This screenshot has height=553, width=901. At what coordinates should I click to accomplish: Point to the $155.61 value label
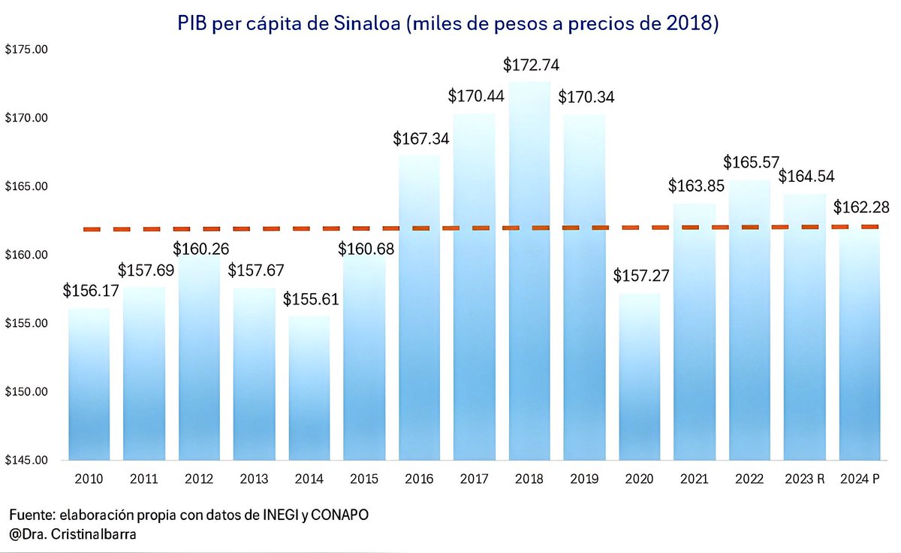(311, 299)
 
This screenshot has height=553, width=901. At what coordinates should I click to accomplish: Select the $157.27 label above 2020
(640, 276)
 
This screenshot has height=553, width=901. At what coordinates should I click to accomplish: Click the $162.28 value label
(860, 206)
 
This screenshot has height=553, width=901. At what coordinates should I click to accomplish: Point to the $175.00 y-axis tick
(26, 50)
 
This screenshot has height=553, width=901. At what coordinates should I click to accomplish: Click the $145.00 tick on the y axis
(26, 460)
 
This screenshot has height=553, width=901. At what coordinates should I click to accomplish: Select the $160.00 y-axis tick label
(26, 255)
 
